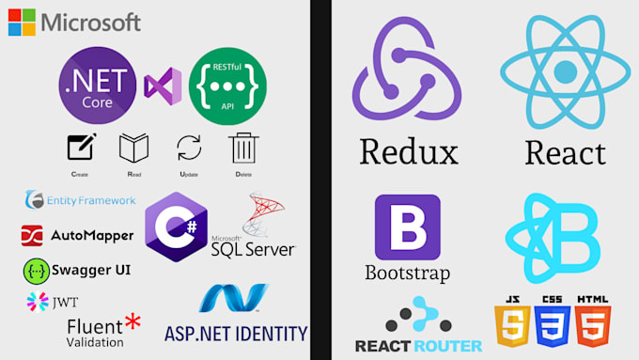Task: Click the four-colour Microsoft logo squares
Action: [x=22, y=23]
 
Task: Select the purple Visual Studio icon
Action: [x=163, y=87]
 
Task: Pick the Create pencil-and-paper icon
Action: [x=80, y=149]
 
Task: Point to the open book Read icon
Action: [x=133, y=149]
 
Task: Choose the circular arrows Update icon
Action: [x=189, y=149]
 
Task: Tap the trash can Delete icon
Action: [x=243, y=149]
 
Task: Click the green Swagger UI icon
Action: [x=36, y=271]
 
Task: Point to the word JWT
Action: [x=64, y=302]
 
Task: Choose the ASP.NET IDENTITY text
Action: [x=236, y=333]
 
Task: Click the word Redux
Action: [x=408, y=151]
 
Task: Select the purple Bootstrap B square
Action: [x=407, y=227]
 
